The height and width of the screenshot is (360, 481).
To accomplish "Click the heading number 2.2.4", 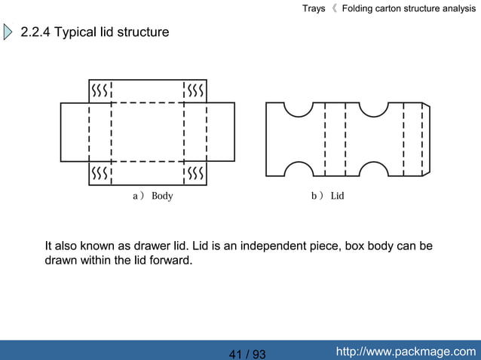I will point(35,32).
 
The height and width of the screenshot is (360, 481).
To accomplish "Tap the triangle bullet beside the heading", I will point(8,32).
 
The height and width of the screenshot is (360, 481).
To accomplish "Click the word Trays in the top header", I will point(314,8).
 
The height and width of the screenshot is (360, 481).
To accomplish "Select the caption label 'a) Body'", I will point(152,196).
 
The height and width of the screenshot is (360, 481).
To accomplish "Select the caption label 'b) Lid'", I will point(327,196).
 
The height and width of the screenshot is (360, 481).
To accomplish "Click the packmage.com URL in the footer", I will point(406,352).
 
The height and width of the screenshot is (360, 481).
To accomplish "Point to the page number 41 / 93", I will point(247,354).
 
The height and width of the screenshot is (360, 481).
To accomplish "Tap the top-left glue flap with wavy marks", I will point(100,91).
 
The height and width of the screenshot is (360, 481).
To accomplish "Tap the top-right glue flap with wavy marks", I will point(195,91).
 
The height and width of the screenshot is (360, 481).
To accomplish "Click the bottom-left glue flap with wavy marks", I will point(100,173).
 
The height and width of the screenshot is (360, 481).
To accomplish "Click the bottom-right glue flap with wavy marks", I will point(195,173).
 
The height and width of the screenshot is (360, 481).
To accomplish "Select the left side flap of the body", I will point(75,132).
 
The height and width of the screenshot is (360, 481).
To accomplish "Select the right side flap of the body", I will point(220,132).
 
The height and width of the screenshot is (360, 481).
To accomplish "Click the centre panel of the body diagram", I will point(148,132).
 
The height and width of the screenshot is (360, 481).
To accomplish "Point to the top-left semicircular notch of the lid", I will point(299,108).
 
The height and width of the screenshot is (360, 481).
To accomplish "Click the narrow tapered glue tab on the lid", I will point(425,139).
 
